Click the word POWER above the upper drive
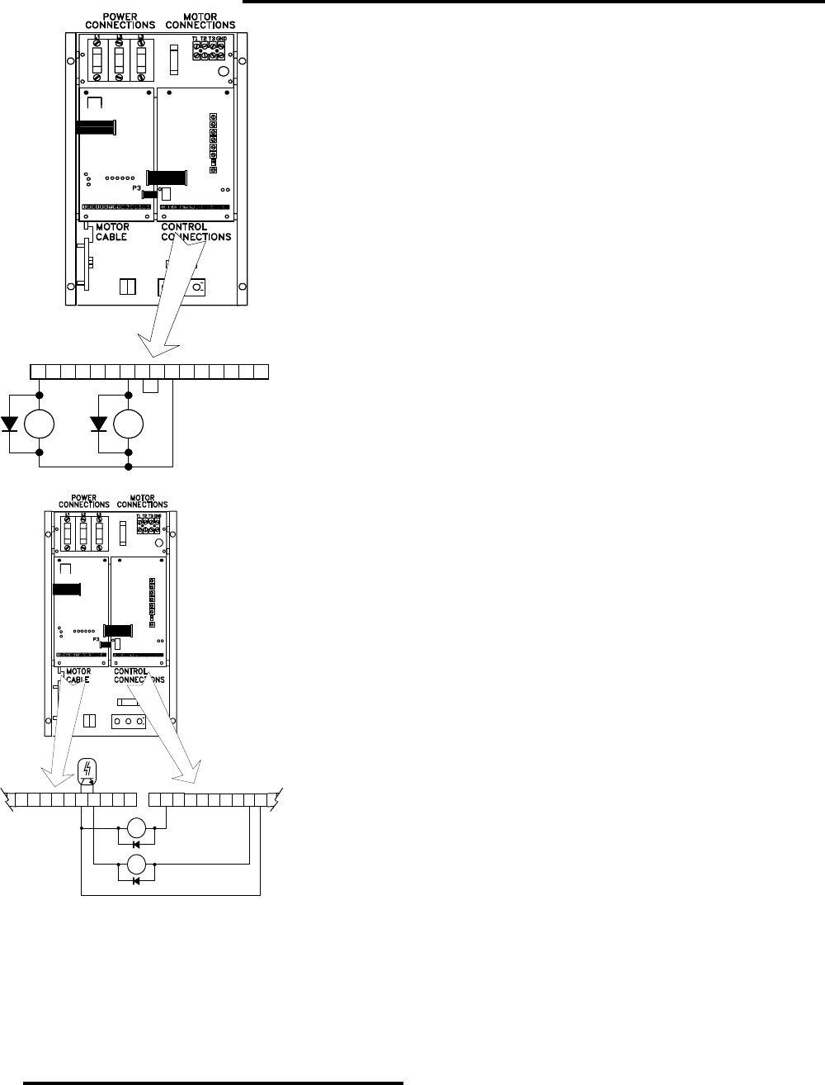[x=115, y=16]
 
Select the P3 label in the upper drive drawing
[x=137, y=188]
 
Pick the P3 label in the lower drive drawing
[x=97, y=639]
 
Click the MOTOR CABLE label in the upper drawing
[x=111, y=232]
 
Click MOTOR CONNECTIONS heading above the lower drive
[x=144, y=500]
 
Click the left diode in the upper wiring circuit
[x=11, y=424]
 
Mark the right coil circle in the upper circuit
[x=128, y=424]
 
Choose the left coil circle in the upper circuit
[x=40, y=424]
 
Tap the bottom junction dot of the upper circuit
[x=128, y=467]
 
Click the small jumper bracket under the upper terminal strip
[x=150, y=386]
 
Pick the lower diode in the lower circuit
[x=136, y=881]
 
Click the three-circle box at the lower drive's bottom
[x=130, y=721]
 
